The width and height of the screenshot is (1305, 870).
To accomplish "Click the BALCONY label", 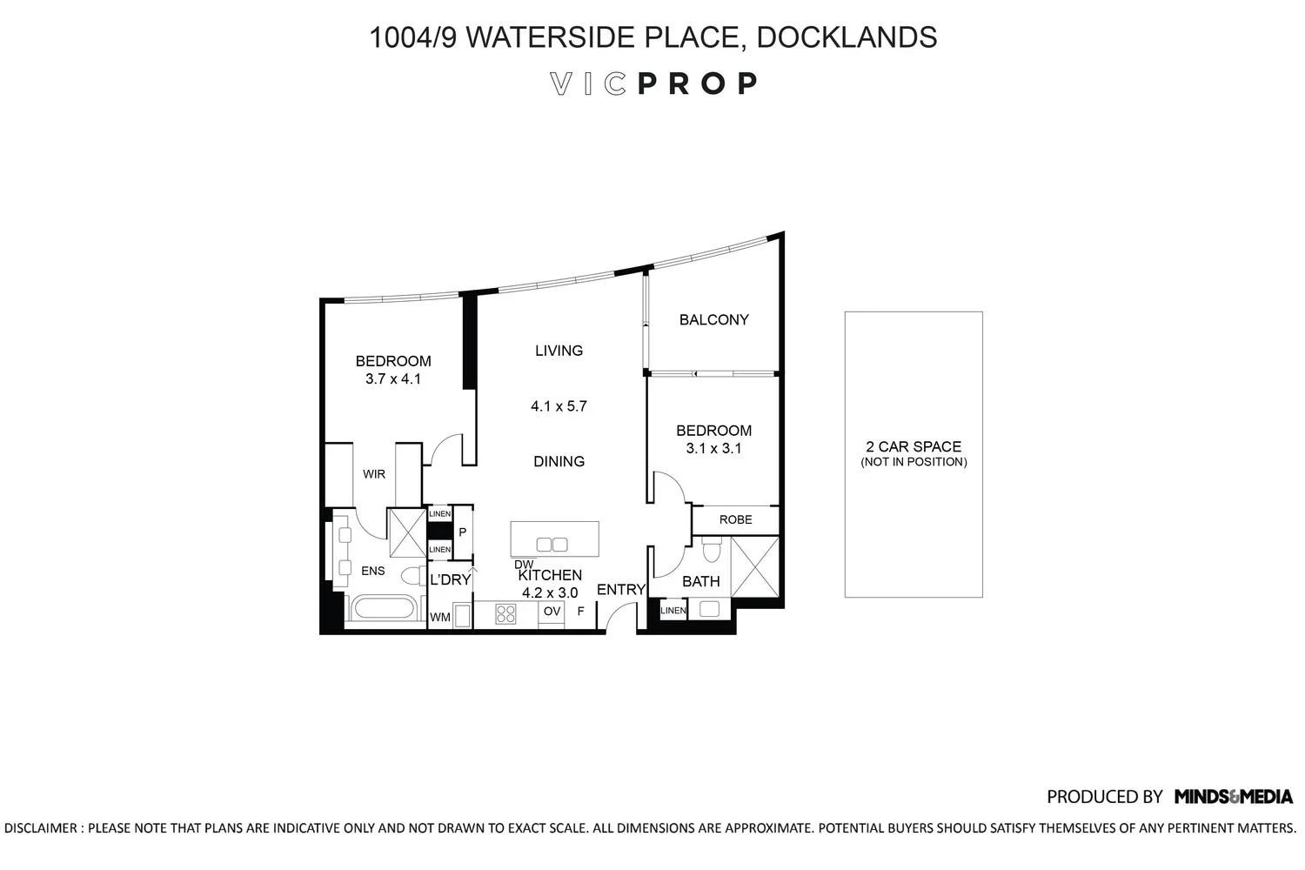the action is (713, 320).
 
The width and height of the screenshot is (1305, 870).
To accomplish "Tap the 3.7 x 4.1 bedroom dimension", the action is (393, 378).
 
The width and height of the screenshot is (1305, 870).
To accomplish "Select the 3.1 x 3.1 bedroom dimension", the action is (713, 448).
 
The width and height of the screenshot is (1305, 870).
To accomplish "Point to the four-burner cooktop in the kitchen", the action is (505, 614).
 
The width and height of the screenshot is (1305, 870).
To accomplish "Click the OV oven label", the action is (552, 611).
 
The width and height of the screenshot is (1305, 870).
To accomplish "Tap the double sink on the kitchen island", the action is (552, 545).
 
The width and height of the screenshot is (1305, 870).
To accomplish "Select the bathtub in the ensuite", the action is (384, 608).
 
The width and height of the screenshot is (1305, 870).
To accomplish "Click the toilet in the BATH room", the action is (712, 549).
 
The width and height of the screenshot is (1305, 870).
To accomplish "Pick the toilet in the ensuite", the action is (414, 576).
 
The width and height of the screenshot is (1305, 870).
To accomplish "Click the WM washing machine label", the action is (440, 617).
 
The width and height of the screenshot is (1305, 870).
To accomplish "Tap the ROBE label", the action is (736, 519).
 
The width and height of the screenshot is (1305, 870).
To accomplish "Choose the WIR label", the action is (374, 474).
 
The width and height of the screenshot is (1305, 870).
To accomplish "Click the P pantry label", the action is (463, 532).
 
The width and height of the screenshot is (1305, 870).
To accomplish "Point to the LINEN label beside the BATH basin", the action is (673, 610).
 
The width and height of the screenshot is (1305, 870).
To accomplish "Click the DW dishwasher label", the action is (524, 564).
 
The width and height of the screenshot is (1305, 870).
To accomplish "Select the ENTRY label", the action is (621, 590).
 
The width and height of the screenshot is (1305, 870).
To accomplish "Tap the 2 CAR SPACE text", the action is (913, 447).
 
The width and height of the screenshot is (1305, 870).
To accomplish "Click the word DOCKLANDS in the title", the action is (847, 37).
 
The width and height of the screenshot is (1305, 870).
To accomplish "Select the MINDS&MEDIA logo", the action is (1234, 797).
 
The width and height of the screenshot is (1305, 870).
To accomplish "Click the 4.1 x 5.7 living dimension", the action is (559, 406).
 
